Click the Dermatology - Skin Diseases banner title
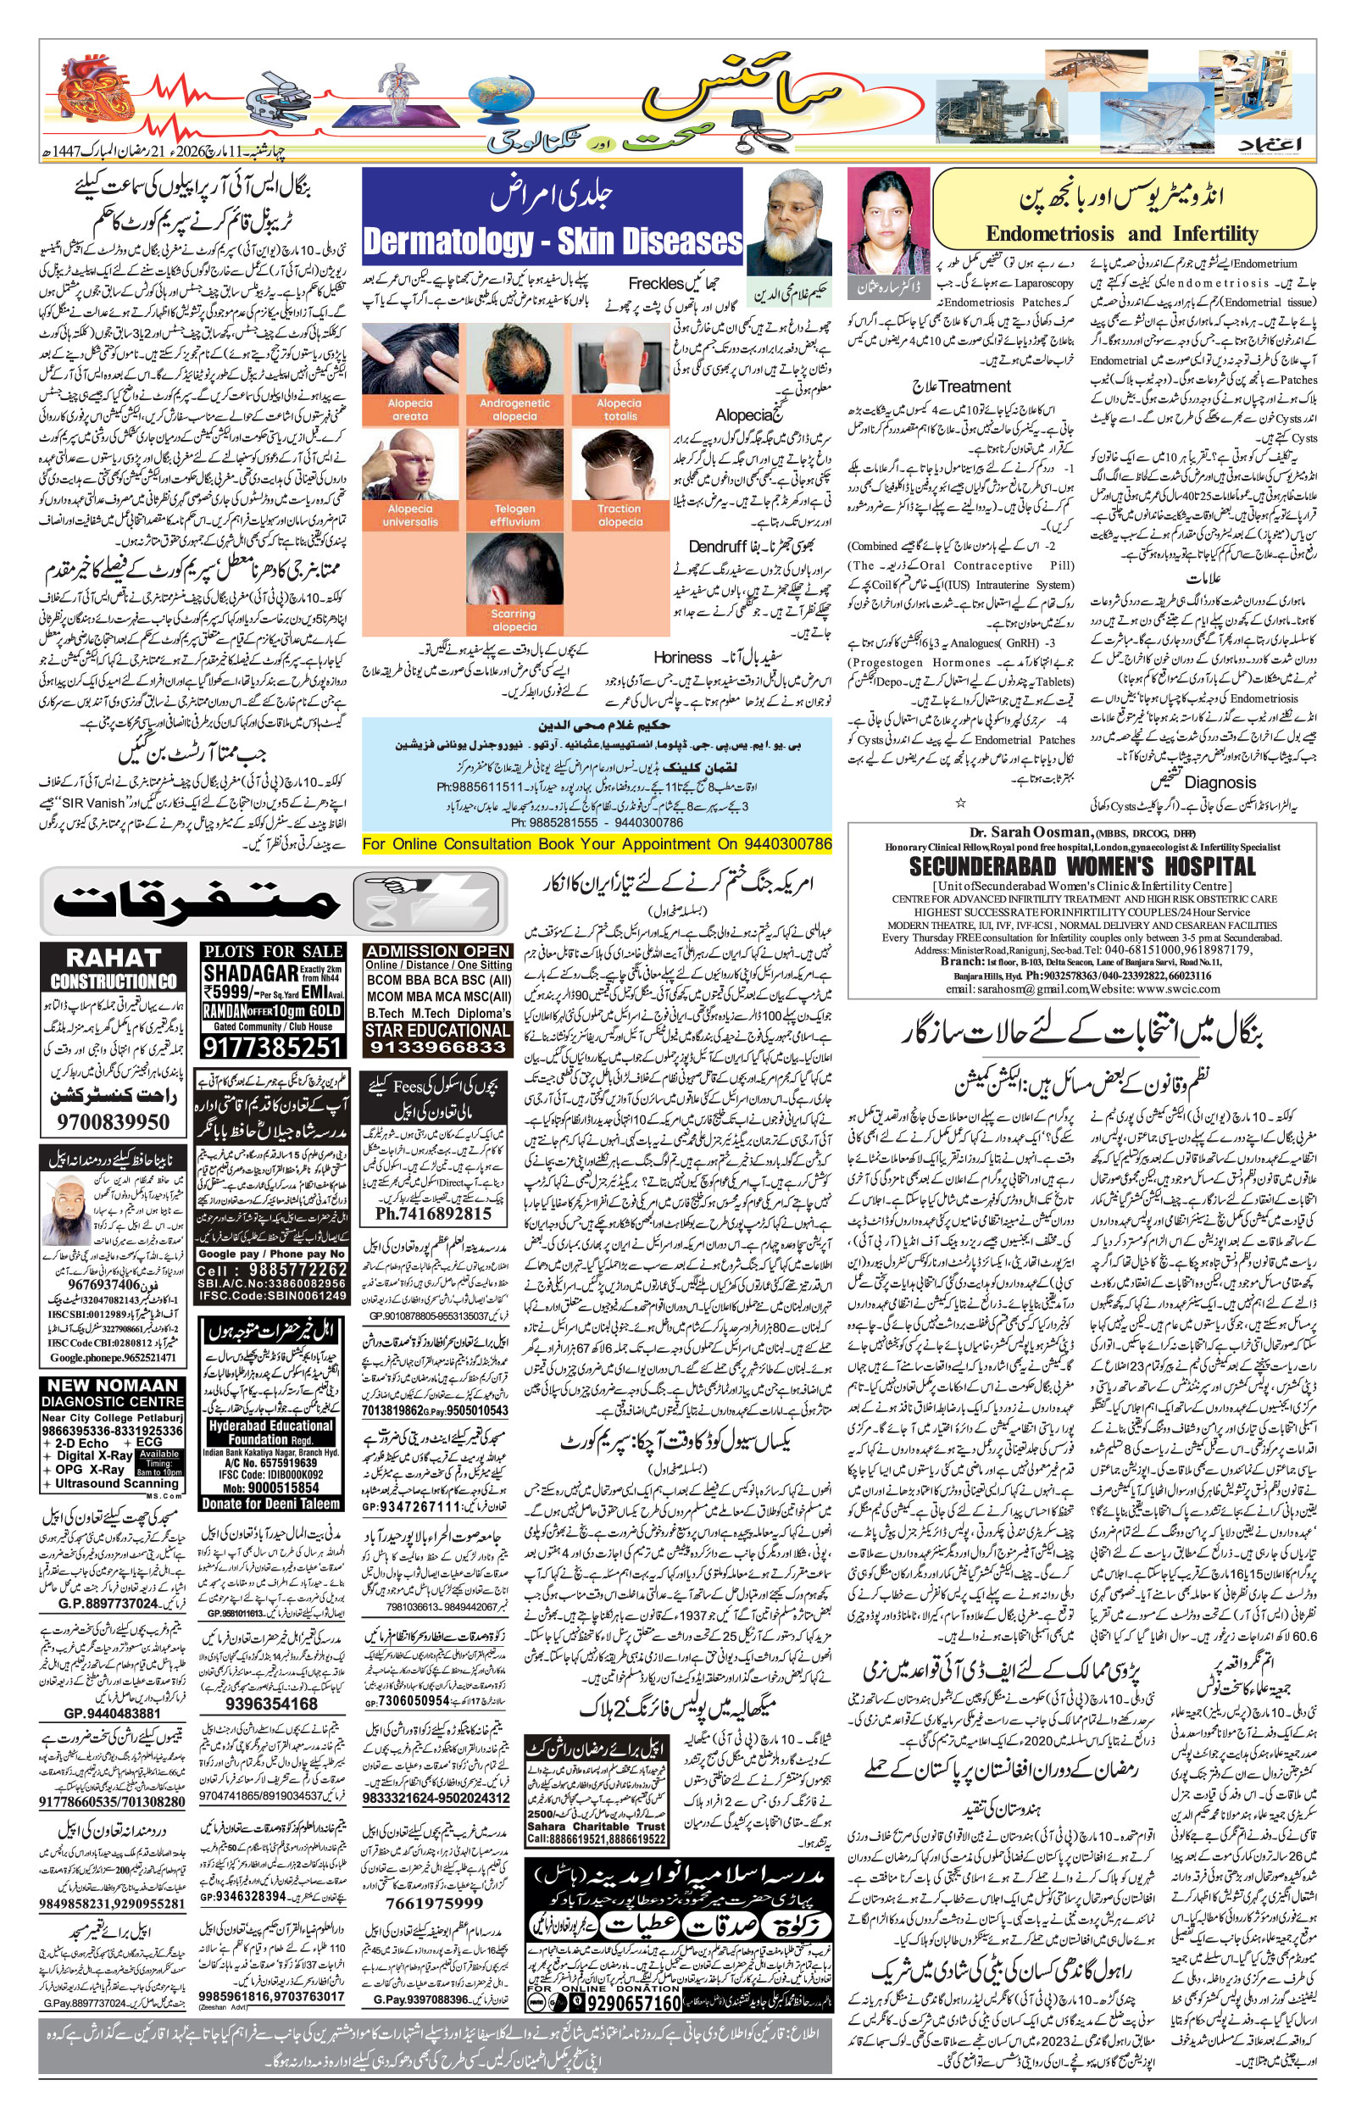tap(552, 242)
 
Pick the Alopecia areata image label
tap(409, 409)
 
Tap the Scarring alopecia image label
tap(514, 620)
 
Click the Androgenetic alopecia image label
tap(514, 409)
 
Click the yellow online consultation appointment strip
tap(596, 844)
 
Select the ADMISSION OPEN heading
tap(437, 951)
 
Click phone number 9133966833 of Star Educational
tap(437, 1048)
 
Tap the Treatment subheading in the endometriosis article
tap(975, 386)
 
